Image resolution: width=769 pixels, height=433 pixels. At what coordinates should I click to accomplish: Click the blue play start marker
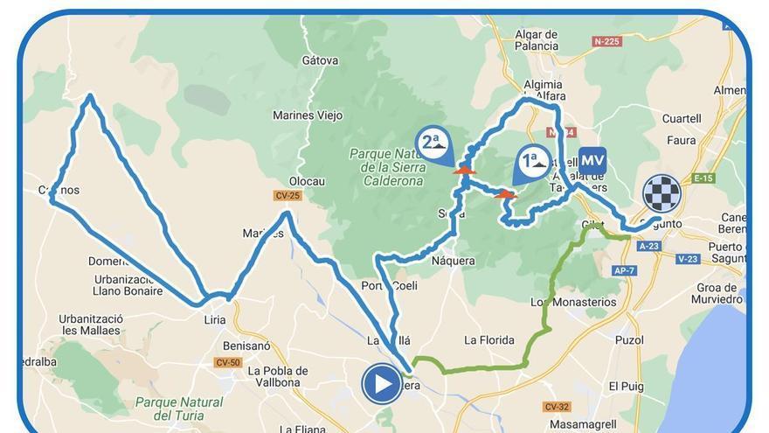pyautogui.click(x=382, y=383)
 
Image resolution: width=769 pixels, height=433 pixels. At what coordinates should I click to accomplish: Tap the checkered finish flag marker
pyautogui.click(x=662, y=193)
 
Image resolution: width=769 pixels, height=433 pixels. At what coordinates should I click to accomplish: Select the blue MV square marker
pyautogui.click(x=592, y=161)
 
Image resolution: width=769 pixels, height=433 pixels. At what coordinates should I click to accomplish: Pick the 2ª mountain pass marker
pyautogui.click(x=433, y=142)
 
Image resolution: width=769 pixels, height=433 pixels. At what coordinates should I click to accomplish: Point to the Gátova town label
pyautogui.click(x=319, y=60)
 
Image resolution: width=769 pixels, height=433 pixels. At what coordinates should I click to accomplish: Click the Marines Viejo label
pyautogui.click(x=308, y=115)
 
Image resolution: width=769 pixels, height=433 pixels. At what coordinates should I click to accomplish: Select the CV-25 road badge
pyautogui.click(x=288, y=195)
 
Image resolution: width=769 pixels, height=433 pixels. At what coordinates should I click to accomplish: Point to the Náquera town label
pyautogui.click(x=453, y=260)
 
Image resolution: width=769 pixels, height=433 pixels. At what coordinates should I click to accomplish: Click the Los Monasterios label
pyautogui.click(x=573, y=302)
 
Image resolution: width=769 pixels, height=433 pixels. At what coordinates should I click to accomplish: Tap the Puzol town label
pyautogui.click(x=629, y=339)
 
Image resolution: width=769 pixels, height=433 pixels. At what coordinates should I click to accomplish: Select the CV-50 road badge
pyautogui.click(x=228, y=362)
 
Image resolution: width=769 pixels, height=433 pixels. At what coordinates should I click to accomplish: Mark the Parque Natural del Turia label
pyautogui.click(x=179, y=408)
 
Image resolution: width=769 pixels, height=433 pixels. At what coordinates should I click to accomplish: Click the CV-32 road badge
pyautogui.click(x=557, y=407)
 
